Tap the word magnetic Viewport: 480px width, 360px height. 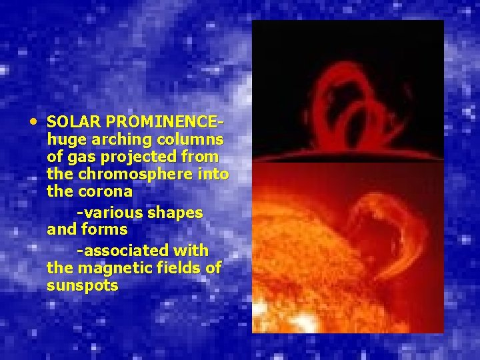(x=108, y=268)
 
